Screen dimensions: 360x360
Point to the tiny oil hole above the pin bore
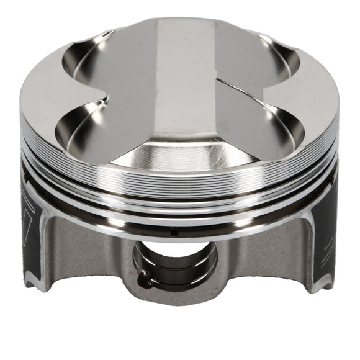[x=174, y=233]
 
